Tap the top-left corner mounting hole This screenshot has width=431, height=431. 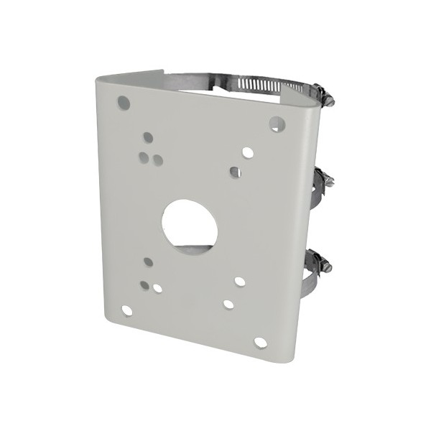coord(124,103)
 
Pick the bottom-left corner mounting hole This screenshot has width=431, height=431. coord(127,310)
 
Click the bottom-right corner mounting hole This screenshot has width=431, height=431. coord(260,342)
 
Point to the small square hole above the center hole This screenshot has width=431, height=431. coord(235,172)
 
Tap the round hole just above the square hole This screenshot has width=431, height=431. coord(247,152)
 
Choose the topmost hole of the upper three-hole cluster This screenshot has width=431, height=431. coord(148,136)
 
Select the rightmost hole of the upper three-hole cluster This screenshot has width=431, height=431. coord(157,161)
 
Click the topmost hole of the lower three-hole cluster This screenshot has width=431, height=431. coord(148,261)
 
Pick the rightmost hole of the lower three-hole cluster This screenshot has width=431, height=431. coord(157,288)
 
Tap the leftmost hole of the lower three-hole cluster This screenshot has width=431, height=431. coord(145,284)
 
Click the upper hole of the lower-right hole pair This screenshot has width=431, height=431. coord(240,281)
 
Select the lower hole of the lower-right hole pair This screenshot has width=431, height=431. coord(228,304)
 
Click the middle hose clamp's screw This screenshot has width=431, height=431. coord(325,180)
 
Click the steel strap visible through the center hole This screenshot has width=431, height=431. coord(193,251)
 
